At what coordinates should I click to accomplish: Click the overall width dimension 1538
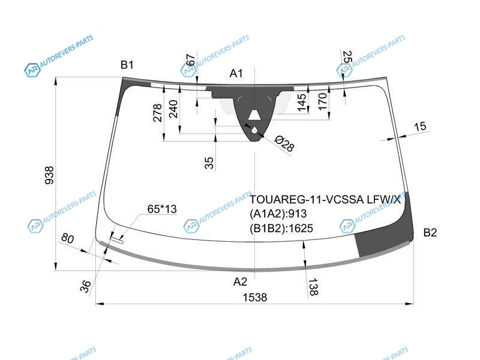pyautogui.click(x=254, y=297)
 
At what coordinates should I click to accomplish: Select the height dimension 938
pyautogui.click(x=49, y=175)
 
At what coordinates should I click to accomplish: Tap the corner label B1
pyautogui.click(x=127, y=65)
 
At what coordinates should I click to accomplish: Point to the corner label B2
pyautogui.click(x=430, y=233)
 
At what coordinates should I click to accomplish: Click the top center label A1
pyautogui.click(x=236, y=73)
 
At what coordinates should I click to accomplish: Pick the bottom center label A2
pyautogui.click(x=240, y=281)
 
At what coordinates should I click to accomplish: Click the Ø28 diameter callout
pyautogui.click(x=284, y=143)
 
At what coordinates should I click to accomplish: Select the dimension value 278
pyautogui.click(x=157, y=113)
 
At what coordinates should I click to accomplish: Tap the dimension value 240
pyautogui.click(x=173, y=109)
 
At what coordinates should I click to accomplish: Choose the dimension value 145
pyautogui.click(x=302, y=103)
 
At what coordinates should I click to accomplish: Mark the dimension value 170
pyautogui.click(x=323, y=101)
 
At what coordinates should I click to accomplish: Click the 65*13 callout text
pyautogui.click(x=162, y=209)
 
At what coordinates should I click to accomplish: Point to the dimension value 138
pyautogui.click(x=313, y=287)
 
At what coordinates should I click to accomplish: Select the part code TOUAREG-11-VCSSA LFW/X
pyautogui.click(x=325, y=200)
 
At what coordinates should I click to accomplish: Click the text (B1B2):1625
pyautogui.click(x=281, y=229)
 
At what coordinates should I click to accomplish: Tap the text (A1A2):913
pyautogui.click(x=278, y=214)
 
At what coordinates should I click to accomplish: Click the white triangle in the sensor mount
pyautogui.click(x=254, y=115)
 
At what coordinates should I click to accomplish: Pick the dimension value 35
pyautogui.click(x=209, y=163)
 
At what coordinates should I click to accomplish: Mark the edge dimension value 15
pyautogui.click(x=419, y=126)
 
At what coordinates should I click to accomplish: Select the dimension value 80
pyautogui.click(x=67, y=238)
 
